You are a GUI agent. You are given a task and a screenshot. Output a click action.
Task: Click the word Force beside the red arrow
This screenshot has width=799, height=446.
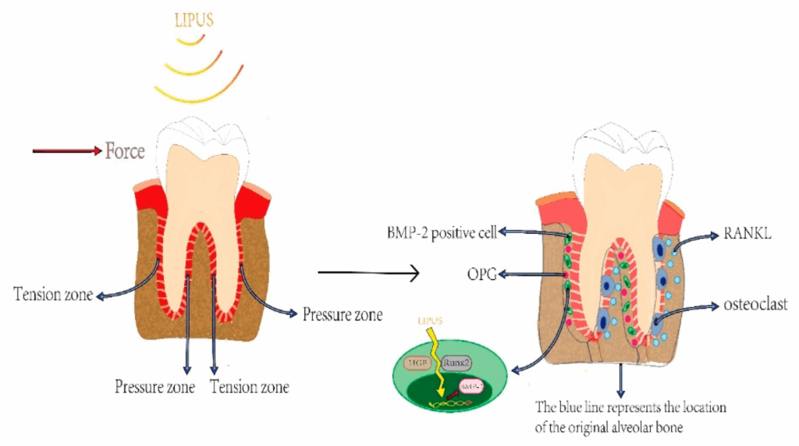coord(125,150)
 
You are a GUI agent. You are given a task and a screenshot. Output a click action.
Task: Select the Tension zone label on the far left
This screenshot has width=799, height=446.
coord(52,295)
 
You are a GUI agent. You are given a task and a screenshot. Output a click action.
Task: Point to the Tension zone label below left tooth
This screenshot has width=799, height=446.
coord(250,386)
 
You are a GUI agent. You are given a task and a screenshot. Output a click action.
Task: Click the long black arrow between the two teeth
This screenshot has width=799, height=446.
coord(370,273)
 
